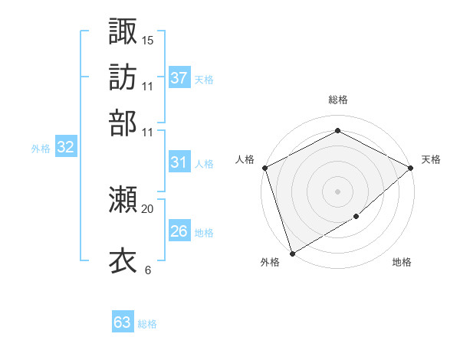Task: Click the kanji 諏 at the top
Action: point(123,31)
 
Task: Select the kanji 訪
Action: point(123,77)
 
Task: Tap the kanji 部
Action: point(123,123)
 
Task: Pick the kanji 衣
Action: point(123,260)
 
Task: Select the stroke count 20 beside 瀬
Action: point(148,208)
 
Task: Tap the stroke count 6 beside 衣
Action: point(148,270)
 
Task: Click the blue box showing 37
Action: point(179,77)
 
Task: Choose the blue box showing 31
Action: point(179,162)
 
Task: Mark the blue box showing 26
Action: point(179,231)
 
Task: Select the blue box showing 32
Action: point(66,148)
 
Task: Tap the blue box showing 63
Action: point(123,322)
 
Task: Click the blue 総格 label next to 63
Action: point(147,324)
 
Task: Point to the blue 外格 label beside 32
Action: point(41,149)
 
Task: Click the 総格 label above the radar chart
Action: point(337,100)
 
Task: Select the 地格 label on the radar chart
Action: point(402,263)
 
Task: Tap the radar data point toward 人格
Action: point(264,168)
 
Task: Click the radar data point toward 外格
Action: point(292,253)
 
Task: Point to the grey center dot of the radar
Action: point(337,191)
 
